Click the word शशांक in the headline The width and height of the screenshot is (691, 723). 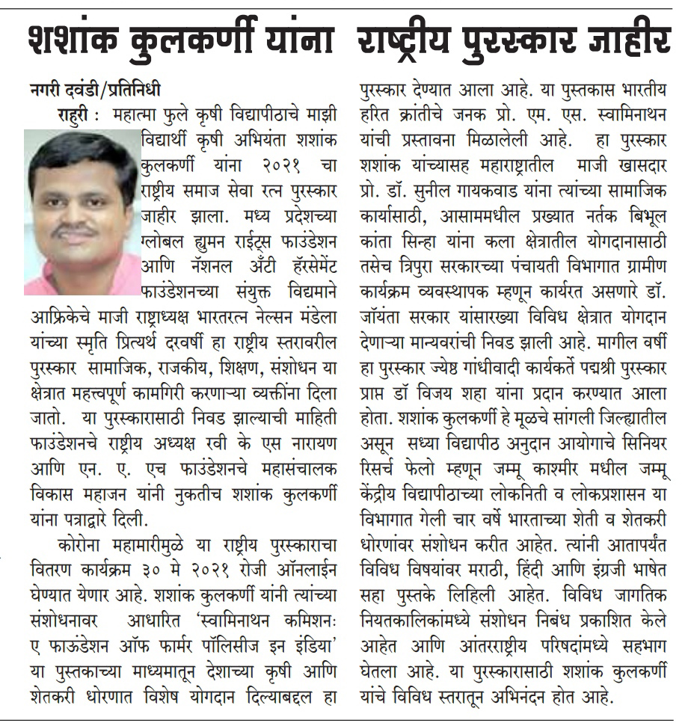point(72,40)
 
